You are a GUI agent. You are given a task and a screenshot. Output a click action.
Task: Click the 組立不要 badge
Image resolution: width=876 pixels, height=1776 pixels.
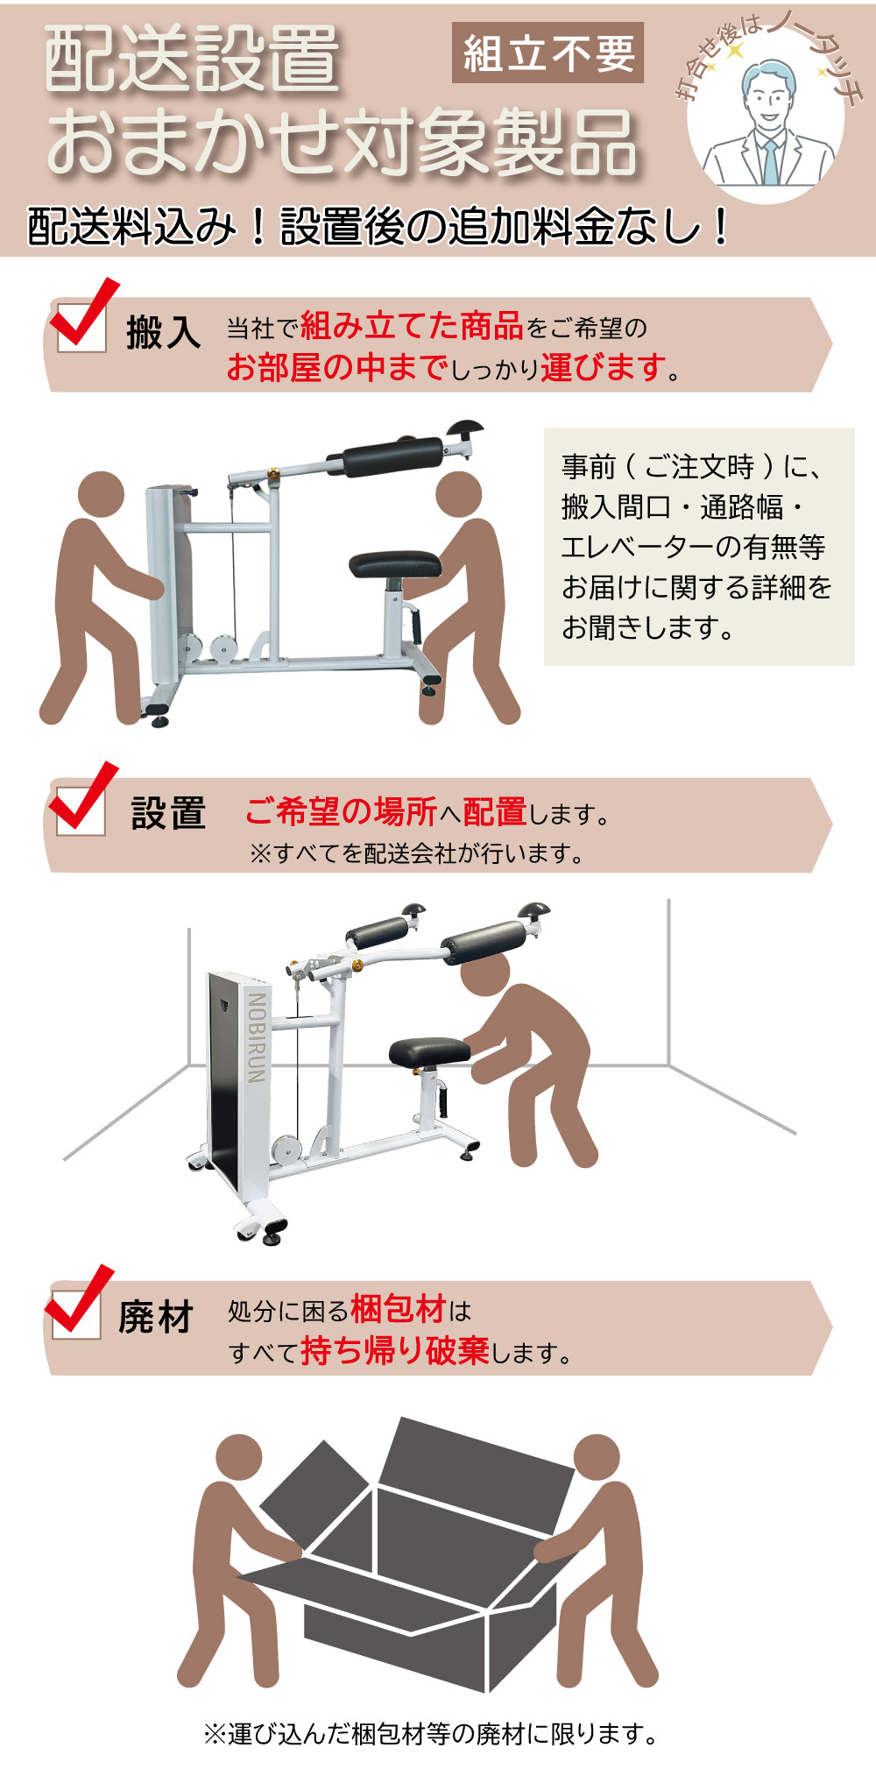(547, 53)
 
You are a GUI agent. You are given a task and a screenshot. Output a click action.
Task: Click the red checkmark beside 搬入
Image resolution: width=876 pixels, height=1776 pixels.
(83, 313)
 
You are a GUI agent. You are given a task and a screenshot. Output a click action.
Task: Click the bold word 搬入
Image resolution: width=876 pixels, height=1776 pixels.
(164, 333)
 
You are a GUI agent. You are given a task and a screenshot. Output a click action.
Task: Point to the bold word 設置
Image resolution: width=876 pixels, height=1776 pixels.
(168, 813)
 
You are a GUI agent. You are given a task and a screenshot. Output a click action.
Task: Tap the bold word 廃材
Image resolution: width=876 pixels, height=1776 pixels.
(156, 1317)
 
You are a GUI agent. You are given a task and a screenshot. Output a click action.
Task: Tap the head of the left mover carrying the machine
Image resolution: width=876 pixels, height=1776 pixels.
(102, 494)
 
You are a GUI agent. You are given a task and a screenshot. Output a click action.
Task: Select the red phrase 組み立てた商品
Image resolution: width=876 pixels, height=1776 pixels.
(412, 327)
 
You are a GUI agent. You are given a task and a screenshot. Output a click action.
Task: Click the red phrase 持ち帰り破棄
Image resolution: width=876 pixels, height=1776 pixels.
(394, 1350)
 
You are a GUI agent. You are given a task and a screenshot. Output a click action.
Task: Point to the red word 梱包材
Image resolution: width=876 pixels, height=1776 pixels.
(399, 1309)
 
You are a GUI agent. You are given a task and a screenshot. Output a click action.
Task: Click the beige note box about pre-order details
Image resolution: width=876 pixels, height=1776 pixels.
(699, 547)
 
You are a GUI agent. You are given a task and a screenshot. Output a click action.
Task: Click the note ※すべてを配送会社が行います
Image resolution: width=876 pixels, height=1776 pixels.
(416, 853)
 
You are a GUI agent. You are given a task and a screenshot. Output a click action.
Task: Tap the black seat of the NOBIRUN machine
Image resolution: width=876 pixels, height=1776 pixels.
(431, 1052)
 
